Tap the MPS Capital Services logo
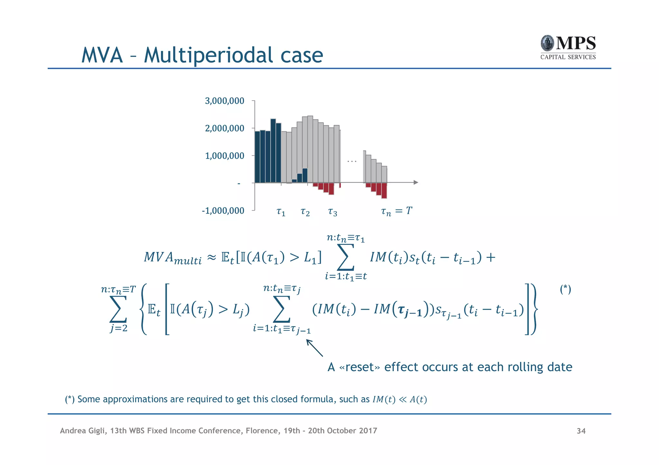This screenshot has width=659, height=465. tap(568, 48)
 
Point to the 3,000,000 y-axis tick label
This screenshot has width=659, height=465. tap(224, 101)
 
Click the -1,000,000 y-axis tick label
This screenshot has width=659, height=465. tap(223, 211)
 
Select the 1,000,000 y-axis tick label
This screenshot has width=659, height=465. tap(224, 156)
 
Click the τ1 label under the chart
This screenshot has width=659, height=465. tap(281, 212)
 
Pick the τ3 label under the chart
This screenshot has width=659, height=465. tap(332, 212)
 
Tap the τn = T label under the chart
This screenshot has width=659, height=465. tap(396, 211)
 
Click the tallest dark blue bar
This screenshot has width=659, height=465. tap(273, 150)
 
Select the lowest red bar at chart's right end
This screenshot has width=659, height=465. tap(384, 190)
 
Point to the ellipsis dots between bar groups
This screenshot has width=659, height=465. tap(352, 161)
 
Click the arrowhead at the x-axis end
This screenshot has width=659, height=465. tap(416, 183)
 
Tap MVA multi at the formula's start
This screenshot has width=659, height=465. tap(172, 258)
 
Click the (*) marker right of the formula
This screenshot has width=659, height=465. tap(565, 289)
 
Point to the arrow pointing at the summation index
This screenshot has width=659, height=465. tap(314, 348)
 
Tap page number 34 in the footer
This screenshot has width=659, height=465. tap(581, 431)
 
